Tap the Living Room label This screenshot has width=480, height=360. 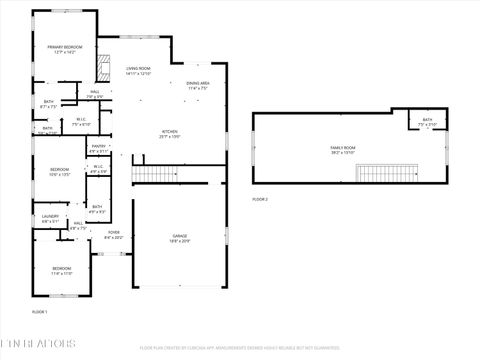pos(138,69)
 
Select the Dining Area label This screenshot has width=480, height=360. pos(198,83)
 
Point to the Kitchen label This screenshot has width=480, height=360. pos(171,132)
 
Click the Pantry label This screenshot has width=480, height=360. pos(98,147)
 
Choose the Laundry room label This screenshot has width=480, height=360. pos(50,216)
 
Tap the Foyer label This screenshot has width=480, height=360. pos(113,233)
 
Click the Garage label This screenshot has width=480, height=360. pos(179,236)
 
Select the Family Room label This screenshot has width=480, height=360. pos(343,148)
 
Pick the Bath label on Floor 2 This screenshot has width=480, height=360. pos(427,120)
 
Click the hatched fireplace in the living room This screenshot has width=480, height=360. pos(102,67)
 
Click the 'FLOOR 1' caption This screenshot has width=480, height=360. pos(40,312)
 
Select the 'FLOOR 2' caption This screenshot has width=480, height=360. pos(260,199)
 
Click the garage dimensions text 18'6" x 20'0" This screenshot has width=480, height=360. pos(179,241)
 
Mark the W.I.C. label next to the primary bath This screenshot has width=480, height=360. pos(83,120)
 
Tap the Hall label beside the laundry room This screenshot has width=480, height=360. pos(78,223)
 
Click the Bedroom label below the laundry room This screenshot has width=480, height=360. pos(62,268)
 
